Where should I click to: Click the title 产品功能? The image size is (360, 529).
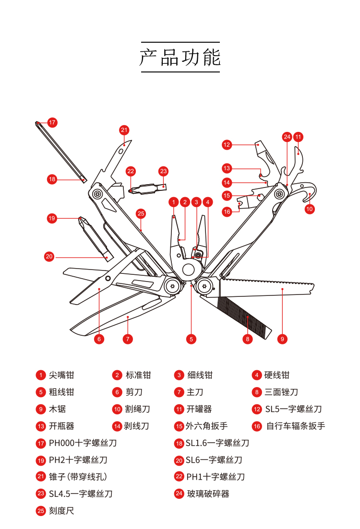(180, 58)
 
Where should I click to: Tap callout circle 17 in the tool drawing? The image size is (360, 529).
(52, 122)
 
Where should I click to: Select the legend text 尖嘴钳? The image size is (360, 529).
(61, 375)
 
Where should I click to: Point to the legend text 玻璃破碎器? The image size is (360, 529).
(208, 494)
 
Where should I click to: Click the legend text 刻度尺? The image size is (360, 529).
(61, 511)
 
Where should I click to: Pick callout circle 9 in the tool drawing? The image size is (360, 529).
(282, 339)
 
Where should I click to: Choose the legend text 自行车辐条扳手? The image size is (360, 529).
(296, 426)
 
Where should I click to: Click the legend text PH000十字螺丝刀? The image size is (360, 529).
(83, 443)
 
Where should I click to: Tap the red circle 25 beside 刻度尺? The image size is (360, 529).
(41, 511)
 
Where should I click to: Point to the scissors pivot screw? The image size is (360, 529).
(108, 278)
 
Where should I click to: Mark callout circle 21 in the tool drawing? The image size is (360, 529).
(124, 130)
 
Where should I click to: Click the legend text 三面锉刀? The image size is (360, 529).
(281, 392)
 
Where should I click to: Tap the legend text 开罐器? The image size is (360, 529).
(199, 409)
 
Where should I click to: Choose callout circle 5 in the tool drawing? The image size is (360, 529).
(191, 339)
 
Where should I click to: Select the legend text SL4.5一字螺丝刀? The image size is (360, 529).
(81, 494)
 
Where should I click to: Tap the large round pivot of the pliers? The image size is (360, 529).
(189, 270)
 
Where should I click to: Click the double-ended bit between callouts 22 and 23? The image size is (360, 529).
(147, 188)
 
